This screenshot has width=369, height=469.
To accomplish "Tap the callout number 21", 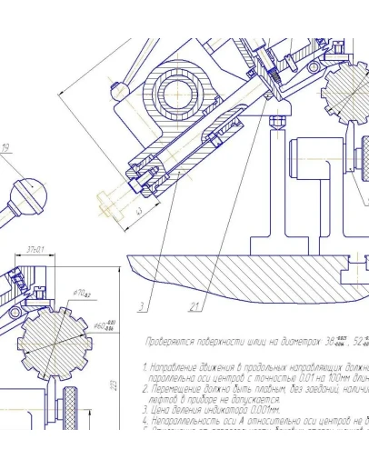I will point(194,304).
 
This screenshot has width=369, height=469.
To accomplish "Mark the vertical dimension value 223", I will point(113,385).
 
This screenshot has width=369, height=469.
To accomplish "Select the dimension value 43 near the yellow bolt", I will point(137,210).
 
